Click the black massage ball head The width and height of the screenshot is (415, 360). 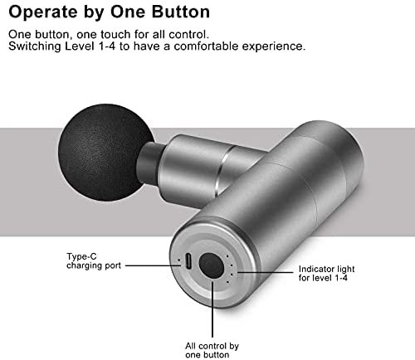point(105,152)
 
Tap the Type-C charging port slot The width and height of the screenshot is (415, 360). point(188,260)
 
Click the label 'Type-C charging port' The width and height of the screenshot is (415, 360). point(94,261)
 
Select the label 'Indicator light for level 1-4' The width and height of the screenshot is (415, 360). point(326,273)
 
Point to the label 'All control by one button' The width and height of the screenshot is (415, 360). point(212,350)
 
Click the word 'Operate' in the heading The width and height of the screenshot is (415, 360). point(43,12)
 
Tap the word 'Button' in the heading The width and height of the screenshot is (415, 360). point(181,12)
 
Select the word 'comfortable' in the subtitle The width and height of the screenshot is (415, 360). point(206,46)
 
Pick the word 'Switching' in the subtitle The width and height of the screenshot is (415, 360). point(35,46)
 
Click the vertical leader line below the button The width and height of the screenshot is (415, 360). point(212,309)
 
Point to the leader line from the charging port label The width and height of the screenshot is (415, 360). point(153,265)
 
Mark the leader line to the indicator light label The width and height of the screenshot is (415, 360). point(265,272)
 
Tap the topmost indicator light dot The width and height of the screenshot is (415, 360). point(227,256)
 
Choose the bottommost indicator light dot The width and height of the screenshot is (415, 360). point(227,282)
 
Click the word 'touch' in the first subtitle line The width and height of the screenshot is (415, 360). point(115,35)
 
